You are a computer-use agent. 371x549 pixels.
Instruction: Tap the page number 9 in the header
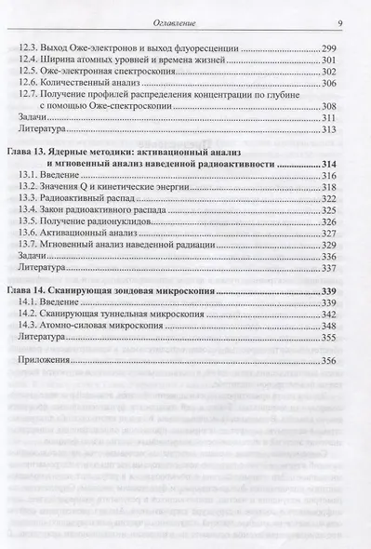tap(341, 22)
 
